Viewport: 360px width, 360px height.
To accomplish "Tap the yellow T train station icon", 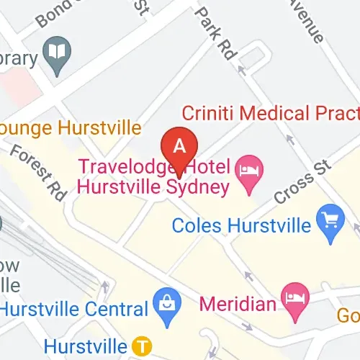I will point(143,346).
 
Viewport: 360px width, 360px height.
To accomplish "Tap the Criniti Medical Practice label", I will point(270,113).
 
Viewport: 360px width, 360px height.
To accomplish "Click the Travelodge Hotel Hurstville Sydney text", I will point(154,177).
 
